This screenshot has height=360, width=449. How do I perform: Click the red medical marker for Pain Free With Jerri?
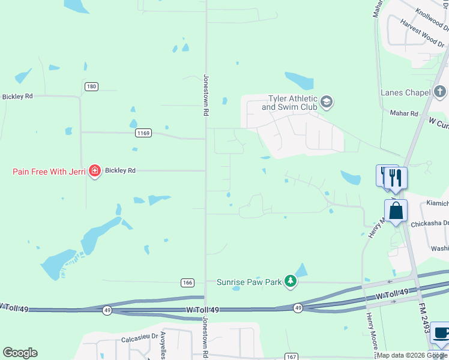point(94,172)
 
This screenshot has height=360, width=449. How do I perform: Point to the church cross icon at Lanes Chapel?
point(440,92)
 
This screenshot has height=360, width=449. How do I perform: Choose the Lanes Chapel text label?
point(405,92)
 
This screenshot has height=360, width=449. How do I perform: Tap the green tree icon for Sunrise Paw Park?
point(291,281)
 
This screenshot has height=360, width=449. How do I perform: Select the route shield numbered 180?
point(91,86)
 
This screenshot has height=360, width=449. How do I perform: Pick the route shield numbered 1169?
point(143,133)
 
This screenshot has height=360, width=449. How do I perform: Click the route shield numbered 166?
point(187,282)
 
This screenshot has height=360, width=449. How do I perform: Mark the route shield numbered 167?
point(291,356)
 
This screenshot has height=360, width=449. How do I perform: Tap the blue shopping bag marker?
point(396,211)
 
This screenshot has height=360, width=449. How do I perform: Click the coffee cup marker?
point(441,334)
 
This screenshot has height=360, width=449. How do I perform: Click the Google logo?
point(20,353)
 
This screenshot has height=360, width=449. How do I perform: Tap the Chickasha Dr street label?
point(430,224)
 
